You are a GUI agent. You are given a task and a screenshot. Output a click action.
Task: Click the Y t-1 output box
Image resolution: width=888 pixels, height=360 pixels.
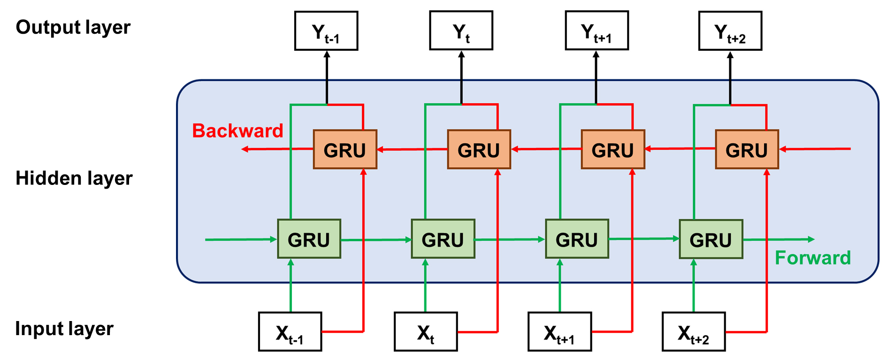[326, 31]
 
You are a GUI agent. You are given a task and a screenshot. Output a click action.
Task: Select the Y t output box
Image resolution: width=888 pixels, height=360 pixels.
[461, 31]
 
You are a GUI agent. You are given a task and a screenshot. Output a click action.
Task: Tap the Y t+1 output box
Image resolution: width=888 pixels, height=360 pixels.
[597, 31]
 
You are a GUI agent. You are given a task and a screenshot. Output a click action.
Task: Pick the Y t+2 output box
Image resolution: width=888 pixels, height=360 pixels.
[730, 31]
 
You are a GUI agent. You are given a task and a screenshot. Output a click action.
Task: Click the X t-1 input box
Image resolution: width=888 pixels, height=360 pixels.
[290, 332]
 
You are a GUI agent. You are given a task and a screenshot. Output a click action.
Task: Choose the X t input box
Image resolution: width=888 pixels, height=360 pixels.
[426, 332]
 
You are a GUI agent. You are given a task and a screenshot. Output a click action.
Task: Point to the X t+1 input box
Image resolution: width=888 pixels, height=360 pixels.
[559, 332]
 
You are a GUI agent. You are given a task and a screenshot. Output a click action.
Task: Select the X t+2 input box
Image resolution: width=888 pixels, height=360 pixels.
[694, 332]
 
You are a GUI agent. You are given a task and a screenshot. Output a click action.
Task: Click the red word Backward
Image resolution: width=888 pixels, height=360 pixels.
[237, 130]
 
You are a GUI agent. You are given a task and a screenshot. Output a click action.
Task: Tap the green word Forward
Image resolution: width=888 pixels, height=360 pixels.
[812, 258]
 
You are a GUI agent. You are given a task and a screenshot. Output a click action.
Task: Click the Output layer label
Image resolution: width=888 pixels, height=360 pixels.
[73, 27]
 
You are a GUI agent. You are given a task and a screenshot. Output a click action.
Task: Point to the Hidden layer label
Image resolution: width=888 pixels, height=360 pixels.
[74, 178]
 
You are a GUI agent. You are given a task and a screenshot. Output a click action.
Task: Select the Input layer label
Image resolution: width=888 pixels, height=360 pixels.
[64, 329]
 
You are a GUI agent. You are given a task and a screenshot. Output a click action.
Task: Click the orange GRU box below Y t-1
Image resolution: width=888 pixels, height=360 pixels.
[345, 150]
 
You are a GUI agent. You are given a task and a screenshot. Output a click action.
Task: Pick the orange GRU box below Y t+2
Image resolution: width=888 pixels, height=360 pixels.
[747, 150]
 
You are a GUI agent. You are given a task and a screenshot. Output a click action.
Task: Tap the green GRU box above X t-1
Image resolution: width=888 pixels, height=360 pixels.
[309, 239]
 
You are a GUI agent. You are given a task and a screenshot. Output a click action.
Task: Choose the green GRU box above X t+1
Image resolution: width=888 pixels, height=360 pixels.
[577, 239]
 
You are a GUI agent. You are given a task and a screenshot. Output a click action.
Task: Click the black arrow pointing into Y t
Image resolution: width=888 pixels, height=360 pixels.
[461, 75]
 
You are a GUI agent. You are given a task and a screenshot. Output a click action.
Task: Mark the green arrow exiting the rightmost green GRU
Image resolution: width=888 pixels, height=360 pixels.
[779, 239]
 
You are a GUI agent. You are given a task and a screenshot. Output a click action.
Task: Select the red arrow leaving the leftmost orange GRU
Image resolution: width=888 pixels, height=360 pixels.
[277, 149]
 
